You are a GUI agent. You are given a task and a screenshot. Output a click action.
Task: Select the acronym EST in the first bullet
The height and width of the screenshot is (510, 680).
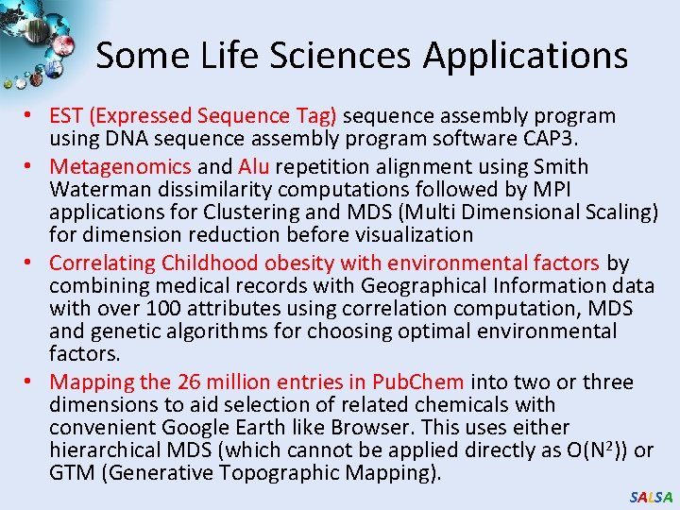click(66, 116)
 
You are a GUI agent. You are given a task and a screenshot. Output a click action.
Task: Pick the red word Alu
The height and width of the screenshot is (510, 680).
click(254, 167)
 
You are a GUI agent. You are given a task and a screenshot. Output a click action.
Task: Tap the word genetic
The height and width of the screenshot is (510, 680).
click(125, 332)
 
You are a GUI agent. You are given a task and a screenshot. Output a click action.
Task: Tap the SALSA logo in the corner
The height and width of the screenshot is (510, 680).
click(651, 497)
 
